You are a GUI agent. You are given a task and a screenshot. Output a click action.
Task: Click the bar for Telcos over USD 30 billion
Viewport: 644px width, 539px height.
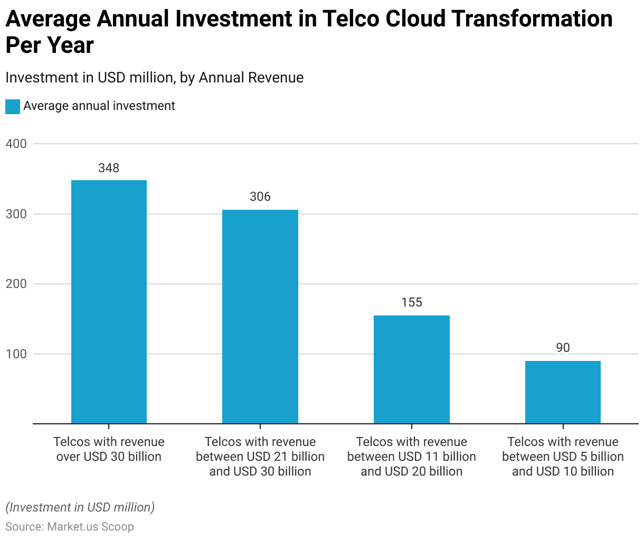[109, 302]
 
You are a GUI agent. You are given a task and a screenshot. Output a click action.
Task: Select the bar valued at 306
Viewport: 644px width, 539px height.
[260, 317]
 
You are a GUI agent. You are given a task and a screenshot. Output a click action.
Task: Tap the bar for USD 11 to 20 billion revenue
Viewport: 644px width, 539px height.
[411, 369]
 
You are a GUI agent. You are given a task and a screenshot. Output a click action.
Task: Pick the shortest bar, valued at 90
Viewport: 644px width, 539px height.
[563, 392]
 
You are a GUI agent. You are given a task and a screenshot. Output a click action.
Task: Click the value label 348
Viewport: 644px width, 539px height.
[109, 168]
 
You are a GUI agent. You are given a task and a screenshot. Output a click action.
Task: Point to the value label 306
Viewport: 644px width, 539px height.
[260, 197]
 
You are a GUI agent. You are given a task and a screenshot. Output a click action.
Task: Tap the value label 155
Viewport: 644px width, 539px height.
[411, 302]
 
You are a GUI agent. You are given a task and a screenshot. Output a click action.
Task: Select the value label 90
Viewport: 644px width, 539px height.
[563, 348]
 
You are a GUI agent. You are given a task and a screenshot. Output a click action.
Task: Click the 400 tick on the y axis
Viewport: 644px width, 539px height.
[16, 144]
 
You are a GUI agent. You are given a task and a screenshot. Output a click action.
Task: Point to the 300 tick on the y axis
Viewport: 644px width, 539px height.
[16, 214]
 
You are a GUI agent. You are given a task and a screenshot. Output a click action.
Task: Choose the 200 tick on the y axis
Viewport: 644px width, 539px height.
[16, 284]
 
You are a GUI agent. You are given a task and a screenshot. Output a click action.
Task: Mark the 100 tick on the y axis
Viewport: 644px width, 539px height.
[16, 354]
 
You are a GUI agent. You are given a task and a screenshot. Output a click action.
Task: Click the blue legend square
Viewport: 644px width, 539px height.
[13, 106]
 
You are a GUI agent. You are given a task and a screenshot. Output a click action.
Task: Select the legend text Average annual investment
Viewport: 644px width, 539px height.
[99, 106]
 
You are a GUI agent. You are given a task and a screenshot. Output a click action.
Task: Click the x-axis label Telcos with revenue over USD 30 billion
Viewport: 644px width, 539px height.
[109, 449]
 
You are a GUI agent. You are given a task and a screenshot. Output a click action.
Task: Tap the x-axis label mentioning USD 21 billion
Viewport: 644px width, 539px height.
[260, 457]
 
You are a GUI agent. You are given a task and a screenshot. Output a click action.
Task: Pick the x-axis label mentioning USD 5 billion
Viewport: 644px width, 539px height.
[563, 457]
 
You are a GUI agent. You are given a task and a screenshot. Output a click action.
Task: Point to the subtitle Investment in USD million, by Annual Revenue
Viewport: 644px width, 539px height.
[154, 78]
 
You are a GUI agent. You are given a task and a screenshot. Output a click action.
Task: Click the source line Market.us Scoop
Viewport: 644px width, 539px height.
[70, 527]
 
